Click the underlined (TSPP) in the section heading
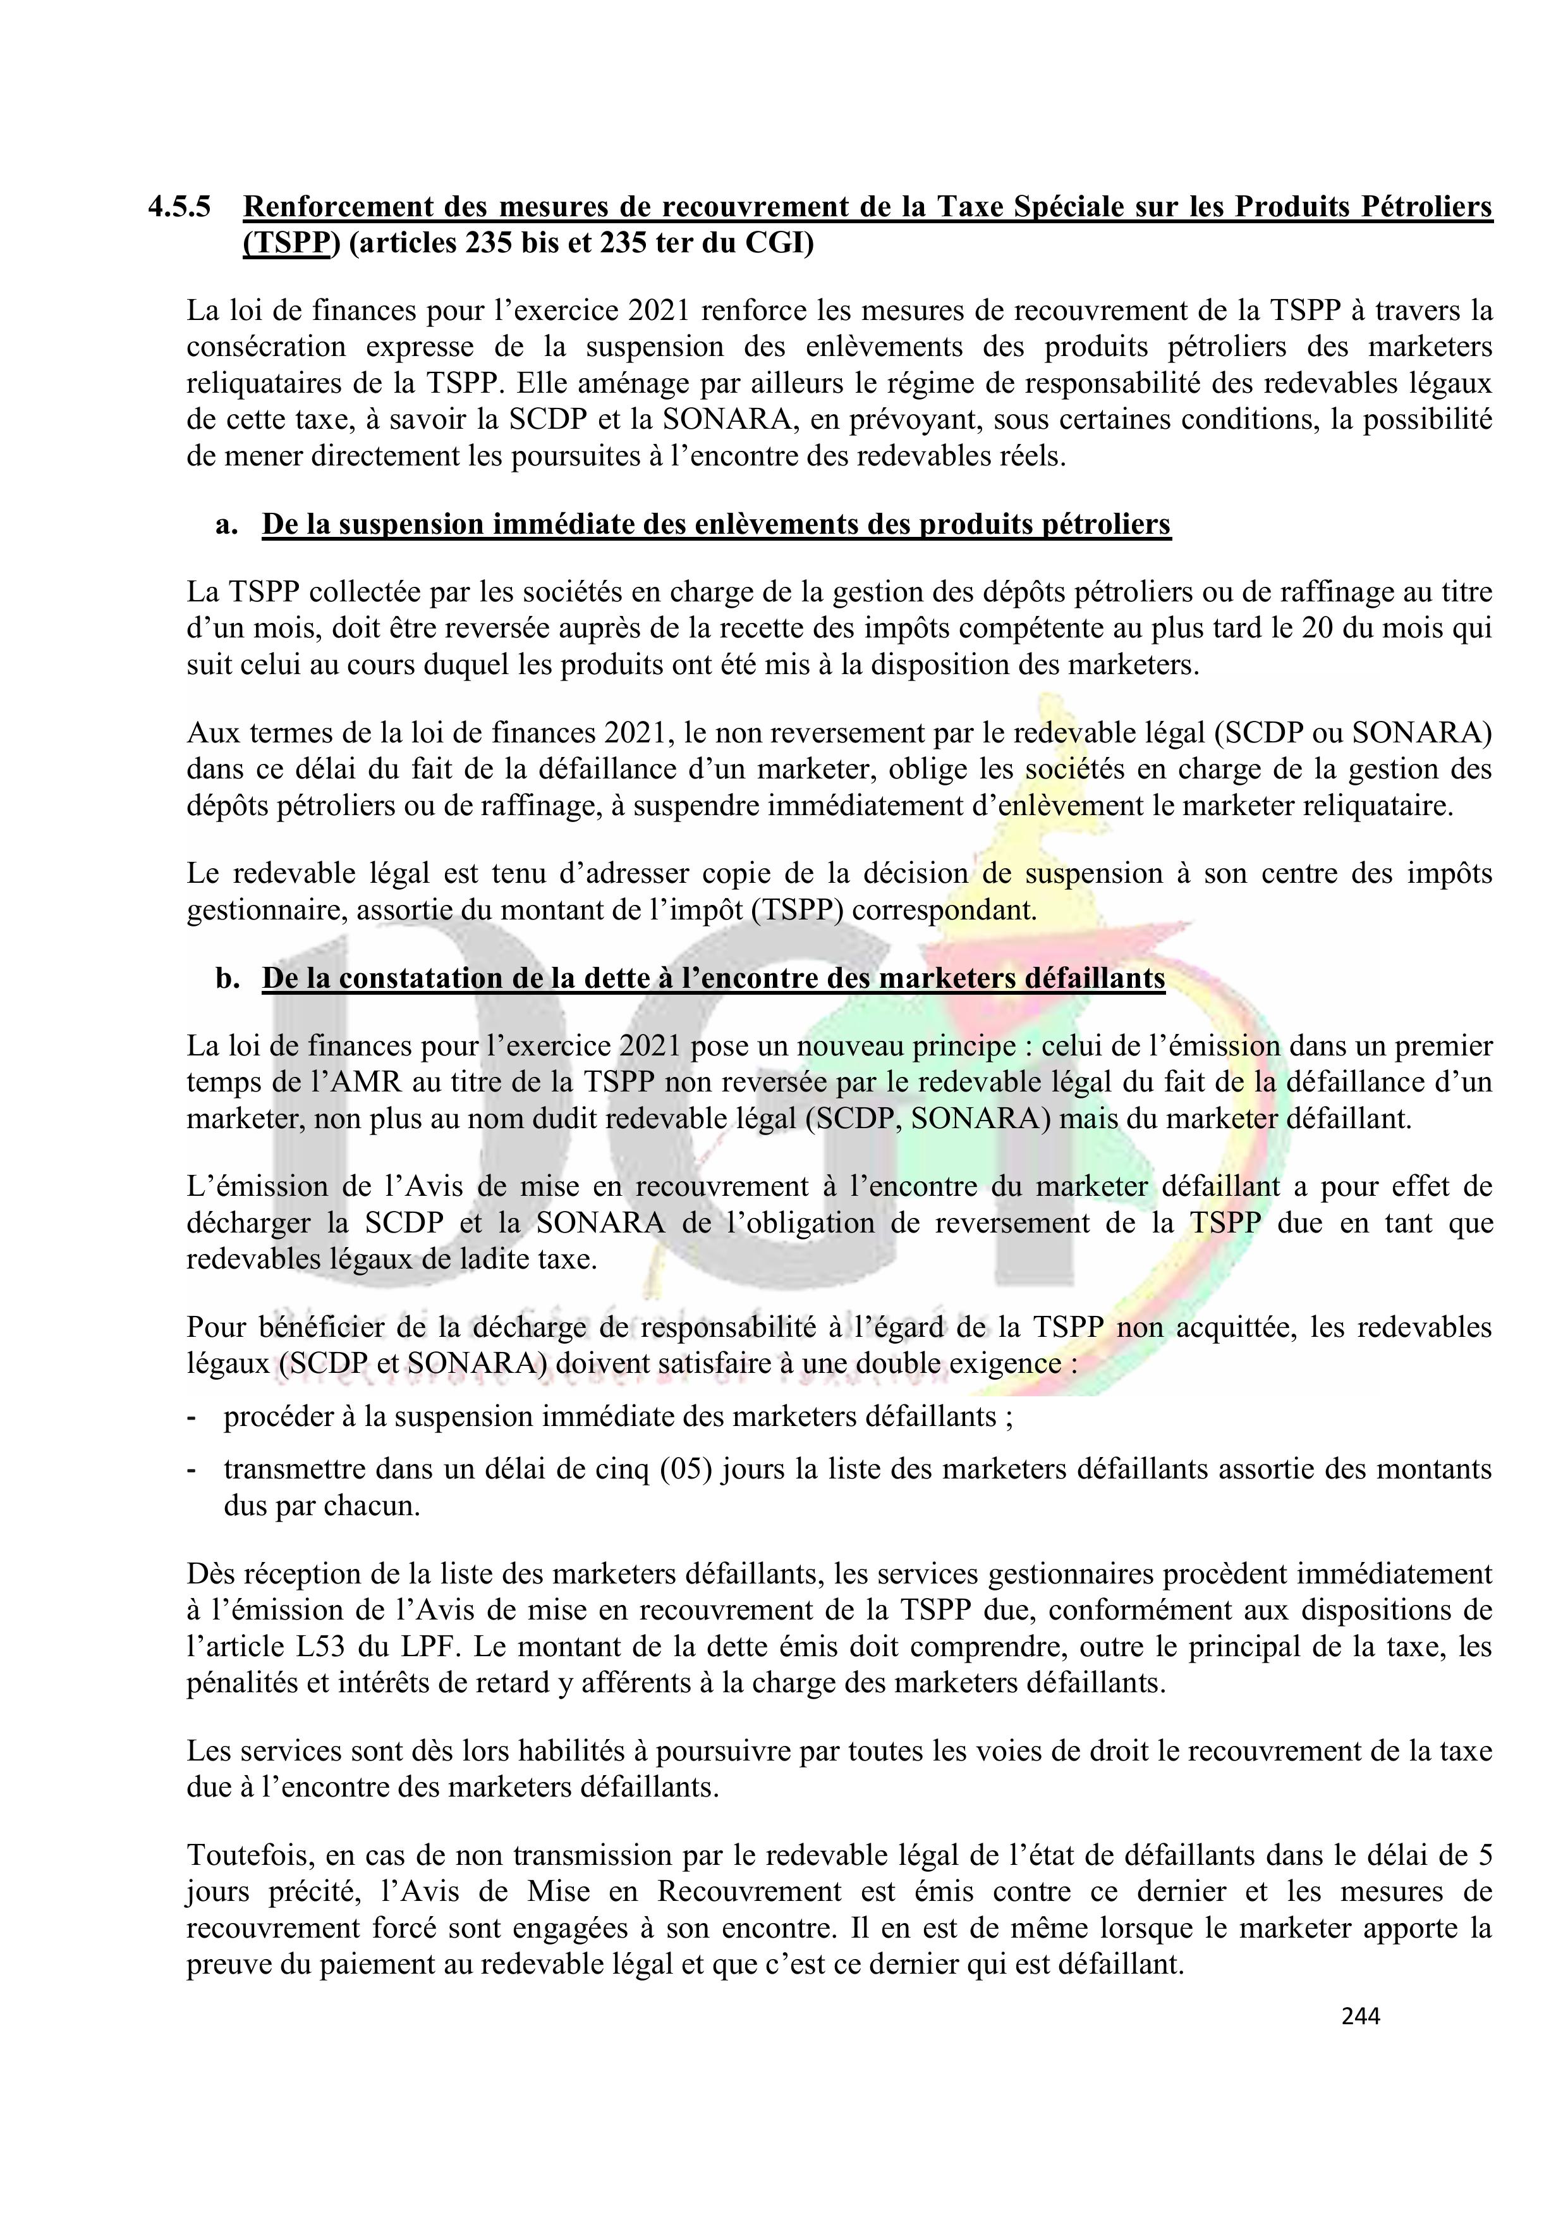pyautogui.click(x=292, y=243)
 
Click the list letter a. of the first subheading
pyautogui.click(x=226, y=525)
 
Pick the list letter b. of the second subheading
pyautogui.click(x=227, y=979)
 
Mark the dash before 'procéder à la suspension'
pyautogui.click(x=191, y=1418)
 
